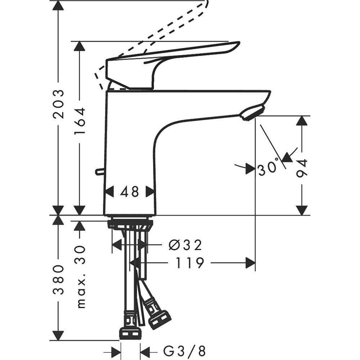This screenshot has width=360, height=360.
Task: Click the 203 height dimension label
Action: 58,104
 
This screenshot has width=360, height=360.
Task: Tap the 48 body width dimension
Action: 130,192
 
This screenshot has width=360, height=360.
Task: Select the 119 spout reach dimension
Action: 190,263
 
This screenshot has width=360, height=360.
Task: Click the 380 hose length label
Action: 58,280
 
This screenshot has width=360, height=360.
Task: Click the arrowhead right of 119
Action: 250,263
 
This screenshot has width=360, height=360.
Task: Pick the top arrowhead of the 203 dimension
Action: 58,5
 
